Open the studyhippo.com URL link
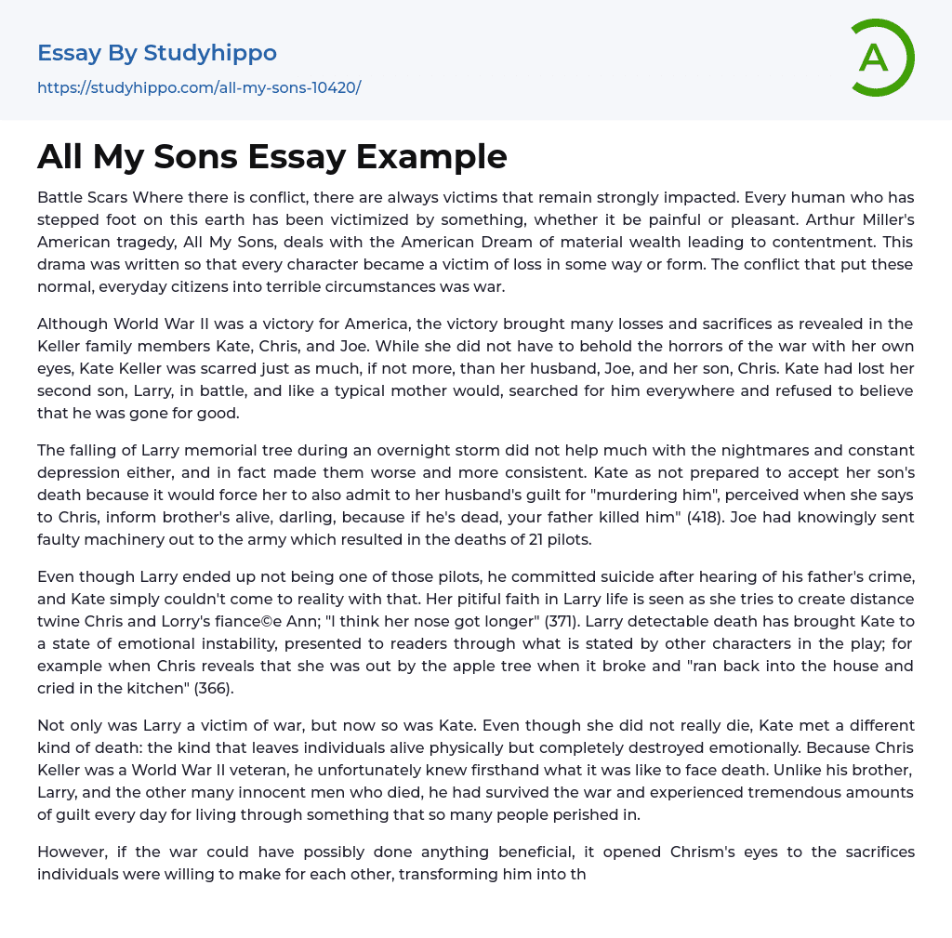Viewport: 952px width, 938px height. click(x=199, y=88)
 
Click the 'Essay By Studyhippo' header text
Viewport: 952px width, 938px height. click(x=157, y=53)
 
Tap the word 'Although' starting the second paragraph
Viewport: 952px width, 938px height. click(x=72, y=324)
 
